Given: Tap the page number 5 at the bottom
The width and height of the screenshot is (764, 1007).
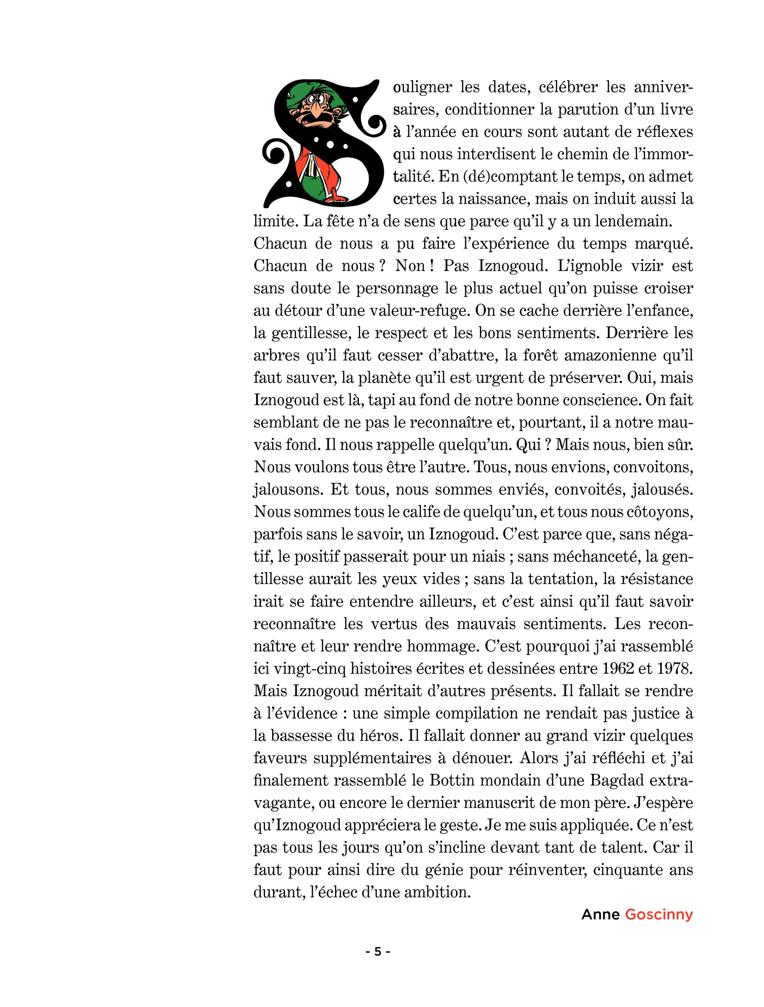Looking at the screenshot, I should pyautogui.click(x=378, y=951).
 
